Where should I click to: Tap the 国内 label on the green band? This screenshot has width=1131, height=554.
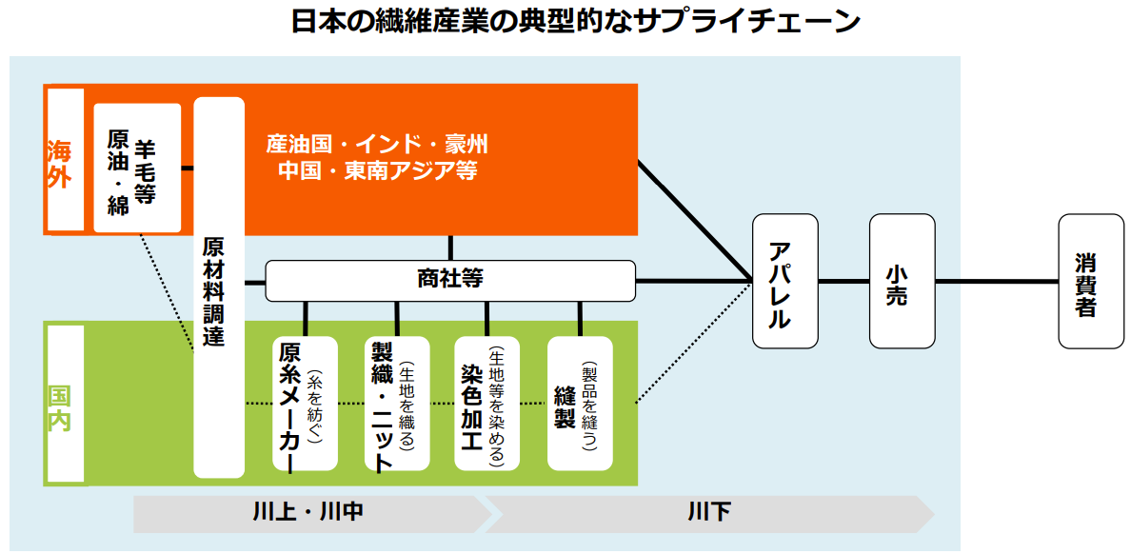click(60, 408)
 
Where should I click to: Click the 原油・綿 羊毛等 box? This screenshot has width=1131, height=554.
click(137, 168)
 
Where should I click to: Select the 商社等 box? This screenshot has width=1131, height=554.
click(449, 280)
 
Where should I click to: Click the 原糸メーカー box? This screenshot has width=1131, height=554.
click(305, 404)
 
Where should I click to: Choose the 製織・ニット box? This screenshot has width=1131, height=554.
click(396, 404)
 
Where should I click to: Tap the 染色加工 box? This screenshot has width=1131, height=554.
click(486, 404)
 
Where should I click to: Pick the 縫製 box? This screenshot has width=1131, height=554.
click(579, 404)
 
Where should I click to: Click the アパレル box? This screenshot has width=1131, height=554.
click(784, 281)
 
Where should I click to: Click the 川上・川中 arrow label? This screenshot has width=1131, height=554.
click(308, 513)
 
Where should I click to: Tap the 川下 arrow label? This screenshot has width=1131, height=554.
click(709, 513)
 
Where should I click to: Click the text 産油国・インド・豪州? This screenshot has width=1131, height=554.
click(376, 145)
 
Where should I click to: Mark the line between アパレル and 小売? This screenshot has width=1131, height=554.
click(843, 281)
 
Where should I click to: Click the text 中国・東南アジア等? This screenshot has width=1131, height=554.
click(376, 171)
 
